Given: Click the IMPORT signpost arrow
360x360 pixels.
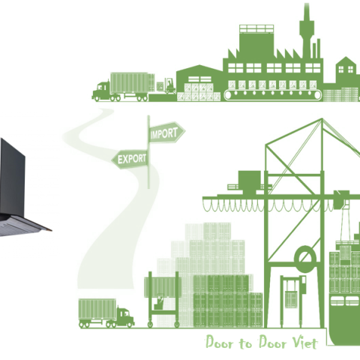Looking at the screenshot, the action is point(166,133).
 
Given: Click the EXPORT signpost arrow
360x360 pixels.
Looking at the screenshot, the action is point(130,159).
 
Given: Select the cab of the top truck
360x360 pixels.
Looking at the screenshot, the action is point(102,91).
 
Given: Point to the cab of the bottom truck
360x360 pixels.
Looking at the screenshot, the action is point(124,317).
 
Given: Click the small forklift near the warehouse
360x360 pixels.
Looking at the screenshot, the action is point(169,86).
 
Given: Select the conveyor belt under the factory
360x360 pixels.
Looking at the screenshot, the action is point(273,95).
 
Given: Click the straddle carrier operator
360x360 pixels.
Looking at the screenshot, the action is point(159,304).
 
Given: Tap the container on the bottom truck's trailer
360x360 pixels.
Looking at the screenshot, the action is point(97,309).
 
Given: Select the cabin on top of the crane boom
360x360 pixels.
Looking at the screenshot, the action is point(249,181).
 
